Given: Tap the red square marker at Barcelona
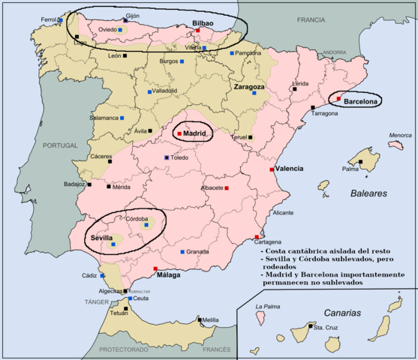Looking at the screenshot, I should (x=338, y=98).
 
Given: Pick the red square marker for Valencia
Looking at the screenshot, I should (x=271, y=169).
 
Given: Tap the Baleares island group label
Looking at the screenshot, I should (x=368, y=193).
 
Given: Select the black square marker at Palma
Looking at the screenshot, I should (x=360, y=161).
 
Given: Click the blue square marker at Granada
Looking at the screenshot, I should (x=182, y=252).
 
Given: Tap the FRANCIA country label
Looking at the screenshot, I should (x=316, y=19).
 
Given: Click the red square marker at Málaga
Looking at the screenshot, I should (x=155, y=268).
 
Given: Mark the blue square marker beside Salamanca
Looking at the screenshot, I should (x=122, y=118).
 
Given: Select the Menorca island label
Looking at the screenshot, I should (x=400, y=136).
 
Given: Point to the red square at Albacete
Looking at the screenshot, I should (x=227, y=187).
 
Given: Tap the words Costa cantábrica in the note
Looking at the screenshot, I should (x=289, y=250).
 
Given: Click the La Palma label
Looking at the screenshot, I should (x=267, y=306).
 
